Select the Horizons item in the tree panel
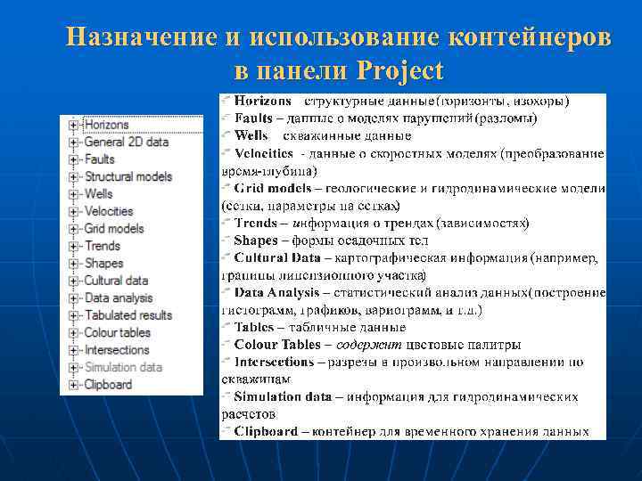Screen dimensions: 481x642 coord(106,125)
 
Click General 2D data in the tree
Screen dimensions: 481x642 coord(126,142)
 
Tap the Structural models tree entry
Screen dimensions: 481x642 coord(128,176)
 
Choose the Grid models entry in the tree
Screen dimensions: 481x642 coord(113,228)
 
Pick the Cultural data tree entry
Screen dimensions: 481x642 coord(116,281)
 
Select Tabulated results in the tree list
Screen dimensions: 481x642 coord(128,314)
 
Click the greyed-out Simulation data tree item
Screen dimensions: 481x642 coord(123,367)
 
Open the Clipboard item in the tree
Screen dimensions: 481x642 coord(108,384)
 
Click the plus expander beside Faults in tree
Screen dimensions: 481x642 coord(73,159)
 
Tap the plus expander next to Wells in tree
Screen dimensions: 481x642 coord(73,194)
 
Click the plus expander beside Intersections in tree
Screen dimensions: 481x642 coord(73,350)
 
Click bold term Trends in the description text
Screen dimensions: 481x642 coord(255,223)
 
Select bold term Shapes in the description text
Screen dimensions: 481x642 coord(255,240)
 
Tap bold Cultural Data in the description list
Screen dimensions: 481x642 coord(276,257)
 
